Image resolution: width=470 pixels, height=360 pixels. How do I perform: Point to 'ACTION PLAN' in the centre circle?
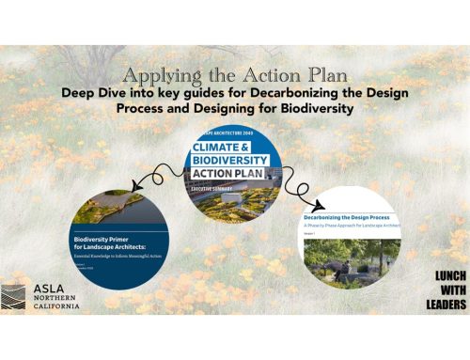[x=226, y=174]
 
